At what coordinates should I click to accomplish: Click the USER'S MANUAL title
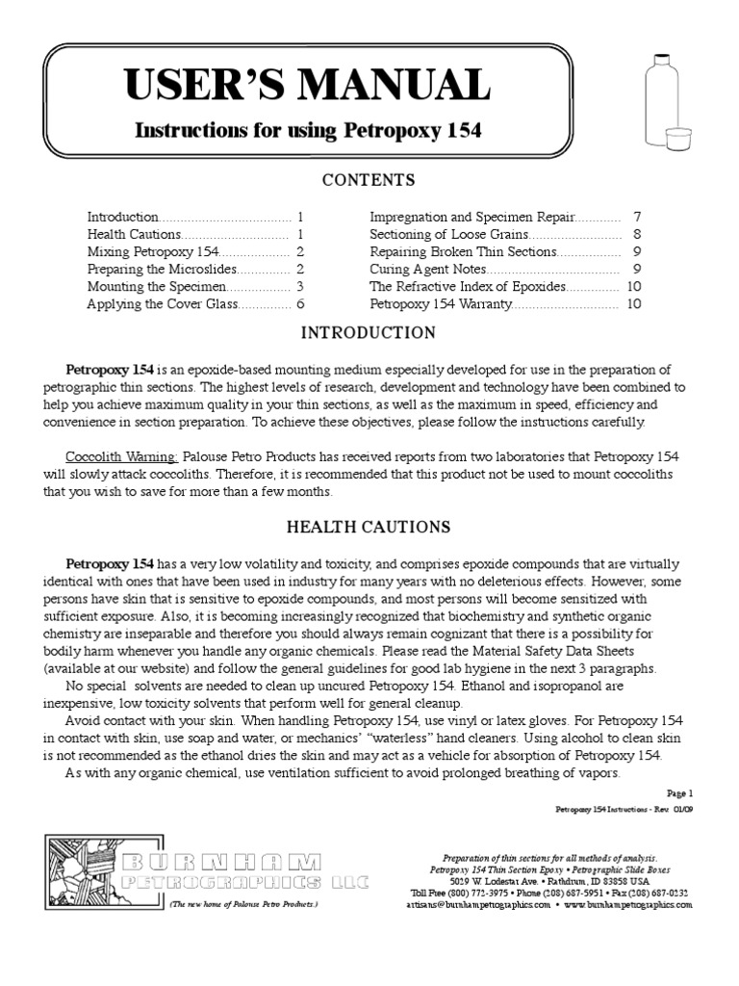[307, 86]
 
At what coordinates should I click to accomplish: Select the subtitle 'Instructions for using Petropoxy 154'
[307, 129]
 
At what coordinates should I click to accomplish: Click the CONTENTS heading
[369, 180]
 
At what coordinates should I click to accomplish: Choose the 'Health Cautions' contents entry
[134, 234]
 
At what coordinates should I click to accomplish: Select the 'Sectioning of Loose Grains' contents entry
[448, 234]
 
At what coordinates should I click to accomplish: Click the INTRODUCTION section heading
[369, 333]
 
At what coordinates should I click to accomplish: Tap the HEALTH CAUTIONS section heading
[369, 527]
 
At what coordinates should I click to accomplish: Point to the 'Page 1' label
[677, 792]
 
